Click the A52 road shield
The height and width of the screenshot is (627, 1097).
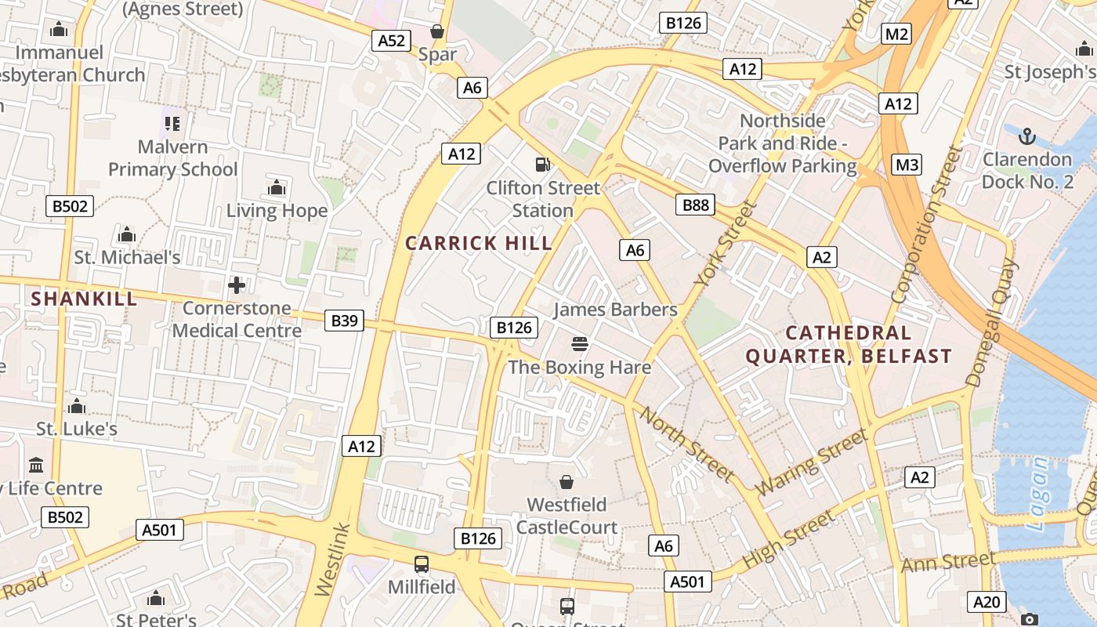[391, 41]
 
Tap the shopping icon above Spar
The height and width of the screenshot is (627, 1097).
[437, 31]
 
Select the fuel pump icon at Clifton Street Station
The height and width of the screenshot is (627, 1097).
[541, 165]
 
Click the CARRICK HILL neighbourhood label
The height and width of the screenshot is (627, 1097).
[479, 243]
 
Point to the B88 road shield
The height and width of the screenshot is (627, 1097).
[696, 205]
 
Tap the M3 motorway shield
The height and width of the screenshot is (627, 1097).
[907, 165]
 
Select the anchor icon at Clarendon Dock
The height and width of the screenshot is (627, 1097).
[1026, 136]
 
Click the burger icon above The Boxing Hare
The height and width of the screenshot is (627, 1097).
[580, 343]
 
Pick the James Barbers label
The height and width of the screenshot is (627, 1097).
[615, 310]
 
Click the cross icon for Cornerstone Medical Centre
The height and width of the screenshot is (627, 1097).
[237, 285]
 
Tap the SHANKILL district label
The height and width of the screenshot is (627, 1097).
[84, 299]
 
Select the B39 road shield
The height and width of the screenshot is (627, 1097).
[344, 320]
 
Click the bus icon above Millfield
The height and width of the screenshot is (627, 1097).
[422, 564]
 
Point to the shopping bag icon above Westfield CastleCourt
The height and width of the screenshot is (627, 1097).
[566, 481]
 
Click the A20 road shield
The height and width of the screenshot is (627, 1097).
[987, 602]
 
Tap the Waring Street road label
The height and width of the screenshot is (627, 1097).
[813, 462]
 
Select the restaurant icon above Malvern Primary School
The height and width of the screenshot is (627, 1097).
[172, 123]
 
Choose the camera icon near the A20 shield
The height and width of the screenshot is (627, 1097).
[1030, 619]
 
